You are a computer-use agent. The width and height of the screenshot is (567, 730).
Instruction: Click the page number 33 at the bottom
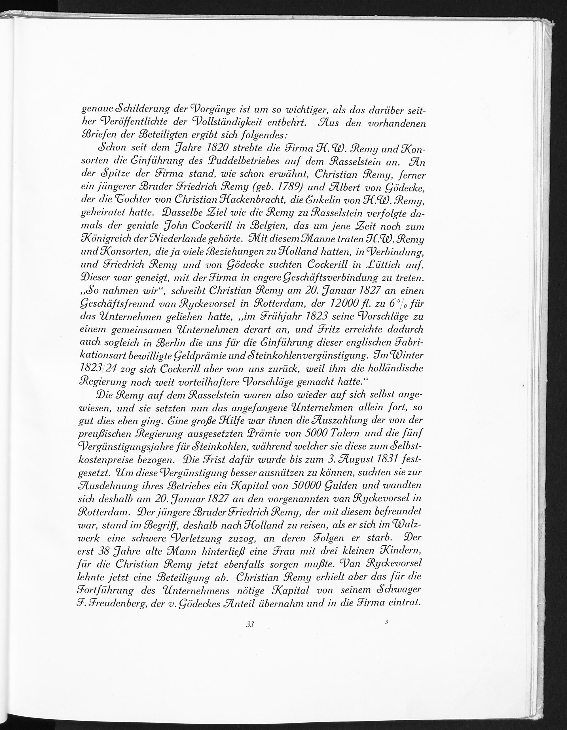click(250, 624)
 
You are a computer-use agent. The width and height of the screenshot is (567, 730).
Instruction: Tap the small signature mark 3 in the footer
click(386, 622)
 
